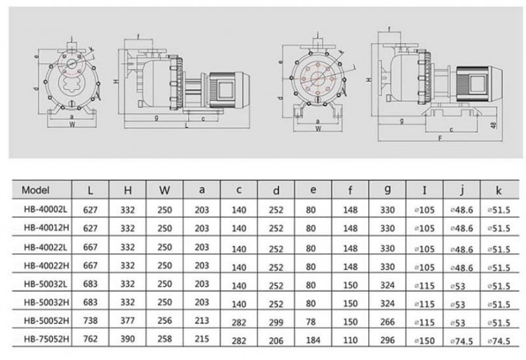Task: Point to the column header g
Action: click(x=388, y=191)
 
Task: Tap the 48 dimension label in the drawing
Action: click(x=494, y=125)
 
